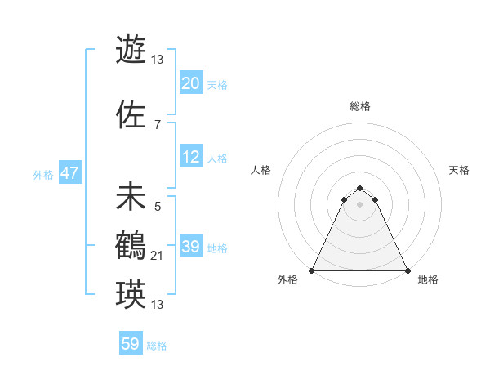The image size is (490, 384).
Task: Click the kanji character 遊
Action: click(131, 50)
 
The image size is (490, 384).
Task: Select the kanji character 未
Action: click(131, 197)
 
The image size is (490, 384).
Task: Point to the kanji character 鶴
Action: click(131, 246)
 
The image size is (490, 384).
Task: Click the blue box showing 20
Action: click(190, 83)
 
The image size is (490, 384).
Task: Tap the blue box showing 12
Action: click(190, 157)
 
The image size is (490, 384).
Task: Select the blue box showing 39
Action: click(190, 247)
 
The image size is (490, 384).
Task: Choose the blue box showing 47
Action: click(69, 174)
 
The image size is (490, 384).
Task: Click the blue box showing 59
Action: click(131, 344)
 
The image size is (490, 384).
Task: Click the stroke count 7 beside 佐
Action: click(157, 125)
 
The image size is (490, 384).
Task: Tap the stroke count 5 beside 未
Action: click(157, 207)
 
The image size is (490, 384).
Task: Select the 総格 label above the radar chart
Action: click(360, 106)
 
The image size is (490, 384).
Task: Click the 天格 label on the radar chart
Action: click(459, 170)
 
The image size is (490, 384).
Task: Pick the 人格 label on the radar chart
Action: click(261, 170)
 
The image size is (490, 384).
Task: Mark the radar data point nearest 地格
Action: click(407, 270)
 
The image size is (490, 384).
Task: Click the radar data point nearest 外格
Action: click(312, 270)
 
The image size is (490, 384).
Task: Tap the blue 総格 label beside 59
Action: click(157, 346)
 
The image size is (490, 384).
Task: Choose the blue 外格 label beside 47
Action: click(43, 175)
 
